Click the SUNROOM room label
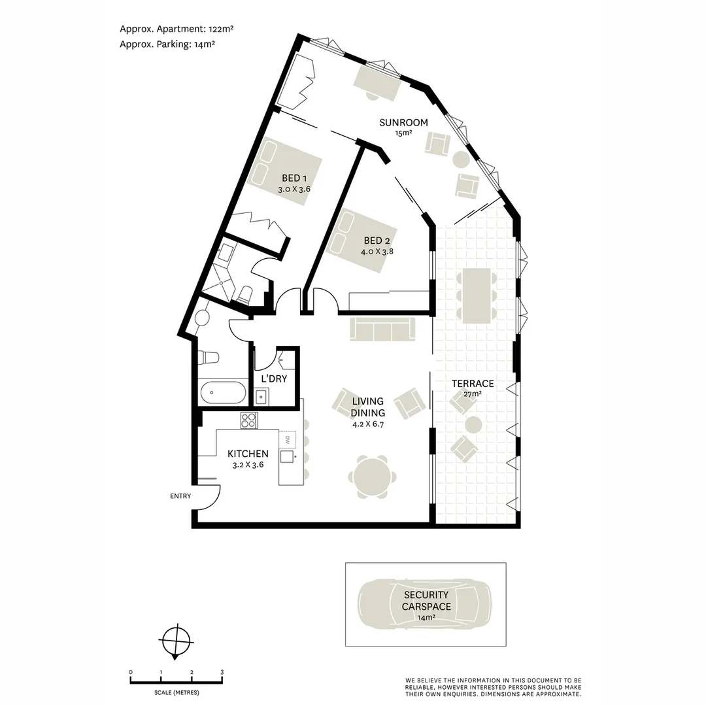(x=404, y=122)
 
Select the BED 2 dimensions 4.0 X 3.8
(x=377, y=250)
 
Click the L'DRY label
(x=274, y=378)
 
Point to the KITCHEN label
(x=247, y=454)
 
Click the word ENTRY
(x=180, y=496)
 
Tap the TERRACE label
(x=473, y=383)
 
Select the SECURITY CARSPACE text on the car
(x=426, y=600)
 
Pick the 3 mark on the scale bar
(x=222, y=672)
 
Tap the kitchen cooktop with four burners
(x=249, y=420)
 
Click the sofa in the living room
(x=382, y=329)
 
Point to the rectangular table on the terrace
(x=477, y=295)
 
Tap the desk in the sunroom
(x=378, y=84)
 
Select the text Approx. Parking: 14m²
(x=167, y=44)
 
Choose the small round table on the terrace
(x=473, y=425)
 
